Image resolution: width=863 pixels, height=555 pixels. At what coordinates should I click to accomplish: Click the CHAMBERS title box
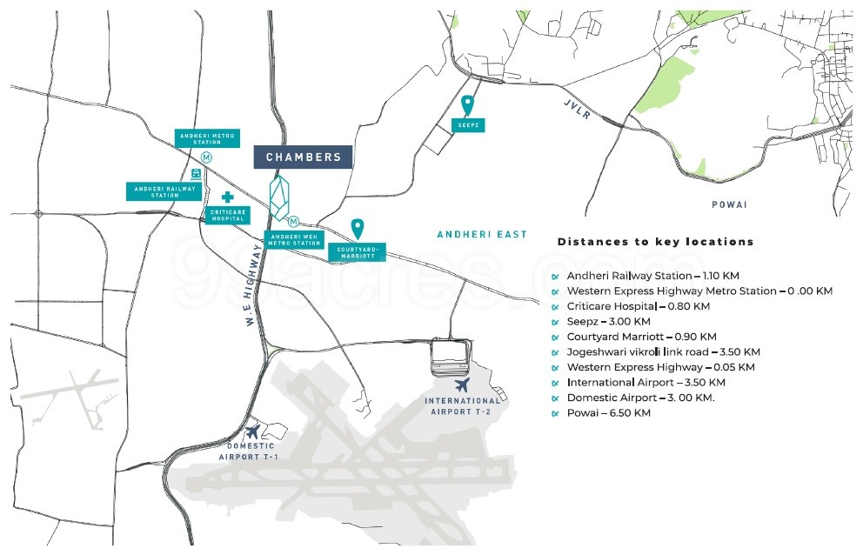click(303, 157)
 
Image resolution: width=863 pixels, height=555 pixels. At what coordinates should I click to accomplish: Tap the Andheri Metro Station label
click(208, 138)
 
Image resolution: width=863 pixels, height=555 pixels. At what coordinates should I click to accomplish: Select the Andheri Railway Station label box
click(164, 191)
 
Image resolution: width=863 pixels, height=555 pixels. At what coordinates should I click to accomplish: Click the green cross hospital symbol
click(227, 197)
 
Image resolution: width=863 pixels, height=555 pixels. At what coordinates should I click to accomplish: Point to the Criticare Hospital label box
click(228, 215)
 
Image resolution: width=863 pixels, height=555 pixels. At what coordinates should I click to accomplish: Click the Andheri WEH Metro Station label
click(294, 240)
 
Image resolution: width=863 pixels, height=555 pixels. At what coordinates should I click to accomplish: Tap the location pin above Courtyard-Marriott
click(358, 229)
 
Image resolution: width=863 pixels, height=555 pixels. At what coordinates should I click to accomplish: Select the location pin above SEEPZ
click(467, 105)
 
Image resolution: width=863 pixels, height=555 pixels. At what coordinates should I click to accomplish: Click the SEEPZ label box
click(468, 125)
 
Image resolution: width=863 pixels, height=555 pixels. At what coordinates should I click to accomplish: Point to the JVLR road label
click(577, 109)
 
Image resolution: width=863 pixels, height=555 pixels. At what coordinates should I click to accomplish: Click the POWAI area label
click(729, 204)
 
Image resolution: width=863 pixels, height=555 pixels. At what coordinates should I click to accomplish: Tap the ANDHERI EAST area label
click(482, 235)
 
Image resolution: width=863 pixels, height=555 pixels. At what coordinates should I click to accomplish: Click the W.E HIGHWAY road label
click(254, 285)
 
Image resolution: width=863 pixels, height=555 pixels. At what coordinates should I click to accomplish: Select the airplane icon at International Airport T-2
click(462, 384)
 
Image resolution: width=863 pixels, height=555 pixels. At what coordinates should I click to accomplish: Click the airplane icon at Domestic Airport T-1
click(252, 431)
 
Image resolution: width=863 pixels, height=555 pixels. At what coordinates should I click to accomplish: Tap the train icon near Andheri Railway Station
click(196, 174)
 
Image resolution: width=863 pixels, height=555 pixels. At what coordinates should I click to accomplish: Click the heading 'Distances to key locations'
click(655, 242)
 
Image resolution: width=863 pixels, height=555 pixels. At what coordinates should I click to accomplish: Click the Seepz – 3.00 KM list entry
click(608, 322)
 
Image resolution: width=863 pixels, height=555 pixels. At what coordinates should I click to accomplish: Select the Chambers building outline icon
click(279, 197)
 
